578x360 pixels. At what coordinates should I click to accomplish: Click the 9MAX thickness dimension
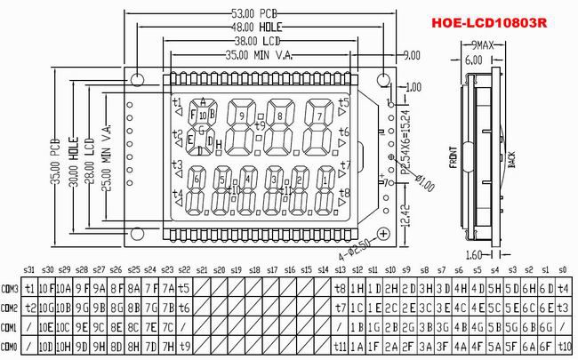[485, 44]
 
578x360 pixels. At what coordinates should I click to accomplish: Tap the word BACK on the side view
[510, 160]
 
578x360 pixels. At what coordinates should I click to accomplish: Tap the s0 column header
[563, 268]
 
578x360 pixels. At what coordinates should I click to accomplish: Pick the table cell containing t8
[340, 287]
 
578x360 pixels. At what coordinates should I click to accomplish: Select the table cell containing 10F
[47, 287]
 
